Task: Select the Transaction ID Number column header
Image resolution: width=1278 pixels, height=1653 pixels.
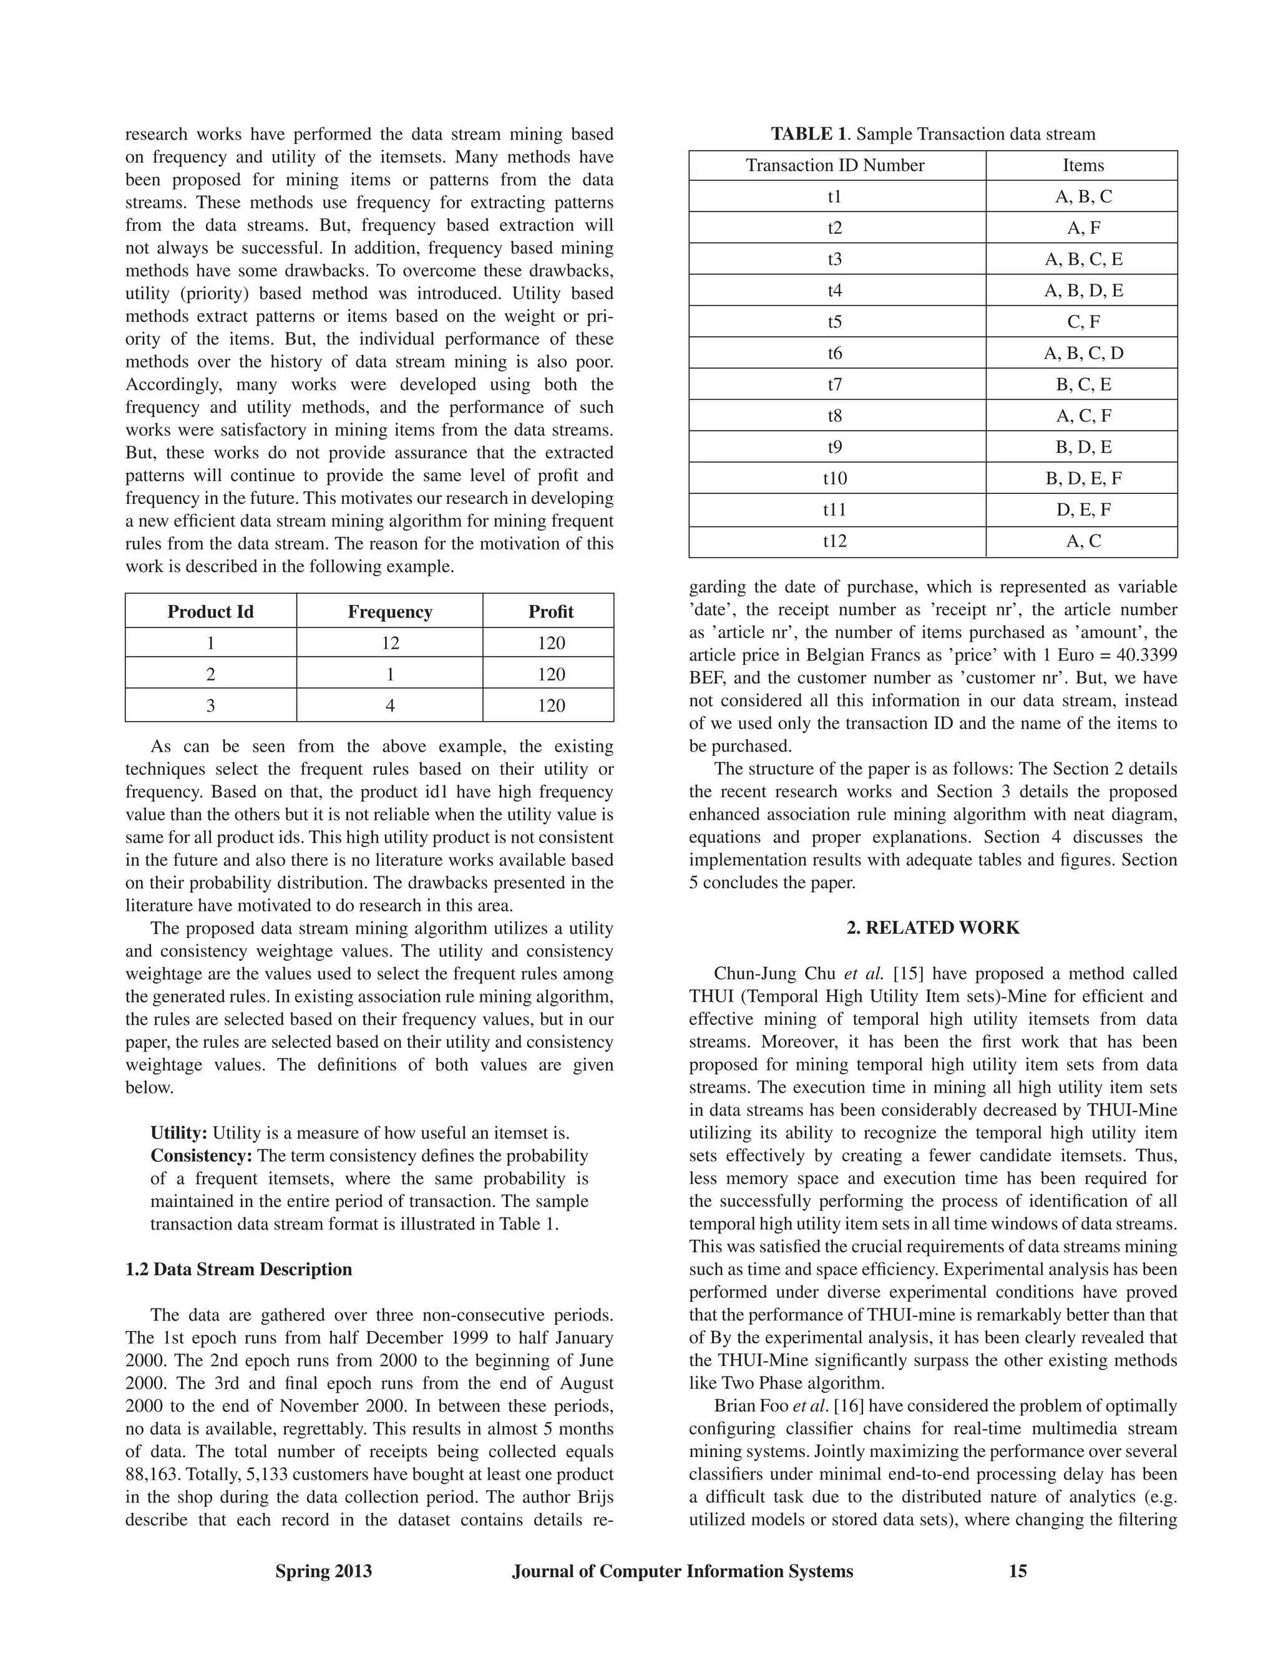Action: [x=835, y=165]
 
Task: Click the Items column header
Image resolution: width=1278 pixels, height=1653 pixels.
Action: [x=1083, y=165]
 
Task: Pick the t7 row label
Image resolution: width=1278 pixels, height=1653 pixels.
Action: [x=835, y=384]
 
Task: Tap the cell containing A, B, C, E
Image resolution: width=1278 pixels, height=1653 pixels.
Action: [x=1083, y=259]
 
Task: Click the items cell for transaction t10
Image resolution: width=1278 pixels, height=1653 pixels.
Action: [x=1083, y=478]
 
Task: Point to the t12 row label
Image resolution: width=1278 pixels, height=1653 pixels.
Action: [x=835, y=541]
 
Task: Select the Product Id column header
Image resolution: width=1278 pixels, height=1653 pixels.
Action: [x=210, y=611]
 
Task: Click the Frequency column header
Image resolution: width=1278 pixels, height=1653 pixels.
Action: [x=389, y=611]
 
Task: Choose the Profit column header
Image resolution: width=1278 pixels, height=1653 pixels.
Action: [x=550, y=611]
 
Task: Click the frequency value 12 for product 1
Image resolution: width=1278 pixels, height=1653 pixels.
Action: [x=389, y=642]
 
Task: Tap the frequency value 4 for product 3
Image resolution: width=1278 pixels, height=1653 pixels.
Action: [x=389, y=705]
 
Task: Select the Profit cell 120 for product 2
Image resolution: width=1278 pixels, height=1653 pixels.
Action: [x=550, y=674]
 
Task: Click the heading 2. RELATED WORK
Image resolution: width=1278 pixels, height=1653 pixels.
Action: [x=933, y=928]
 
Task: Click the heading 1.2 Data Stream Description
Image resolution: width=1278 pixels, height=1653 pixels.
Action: [x=238, y=1269]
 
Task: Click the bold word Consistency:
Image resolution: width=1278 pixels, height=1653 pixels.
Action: [x=201, y=1156]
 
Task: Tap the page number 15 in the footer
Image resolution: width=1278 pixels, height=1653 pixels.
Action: [x=1018, y=1571]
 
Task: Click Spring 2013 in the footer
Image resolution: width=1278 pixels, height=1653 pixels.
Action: [x=323, y=1571]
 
